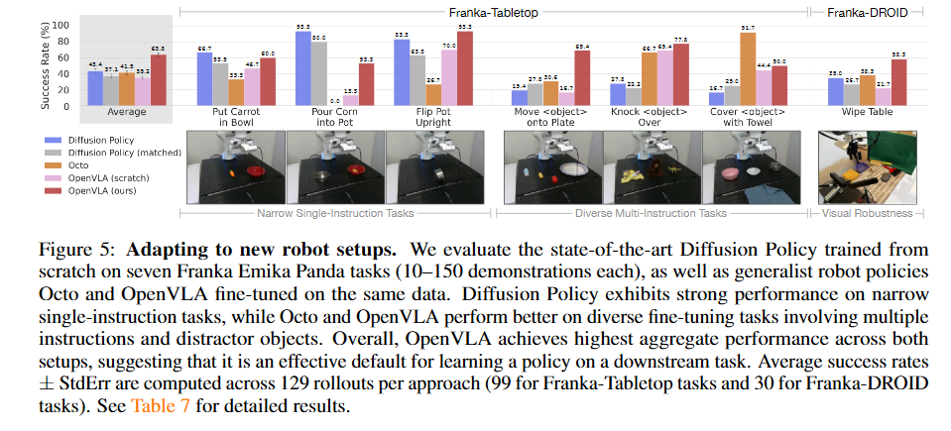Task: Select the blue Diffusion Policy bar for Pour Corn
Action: [x=301, y=68]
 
